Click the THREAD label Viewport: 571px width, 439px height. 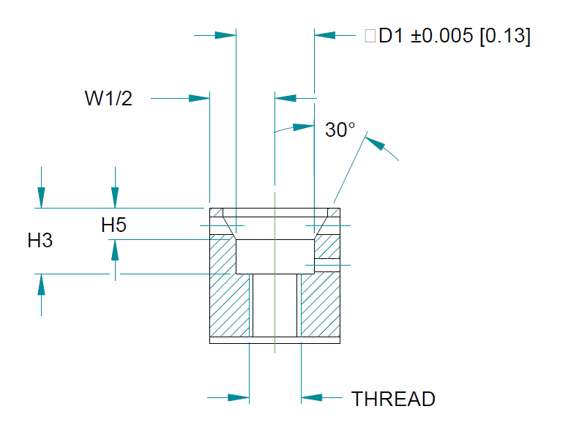(393, 399)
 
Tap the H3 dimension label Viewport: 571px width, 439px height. (40, 240)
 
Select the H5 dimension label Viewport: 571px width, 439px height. (113, 225)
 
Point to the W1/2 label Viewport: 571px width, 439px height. (108, 99)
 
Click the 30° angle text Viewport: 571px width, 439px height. (340, 130)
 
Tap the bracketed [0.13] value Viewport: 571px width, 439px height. (504, 36)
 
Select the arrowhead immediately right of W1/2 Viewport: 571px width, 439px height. (199, 99)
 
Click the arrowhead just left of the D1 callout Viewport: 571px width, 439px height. (324, 35)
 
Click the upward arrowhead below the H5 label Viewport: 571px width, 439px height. (114, 251)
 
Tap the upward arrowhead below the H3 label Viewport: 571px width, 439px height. (41, 285)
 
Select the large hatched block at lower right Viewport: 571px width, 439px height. (321, 304)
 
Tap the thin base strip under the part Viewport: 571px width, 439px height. (275, 340)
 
